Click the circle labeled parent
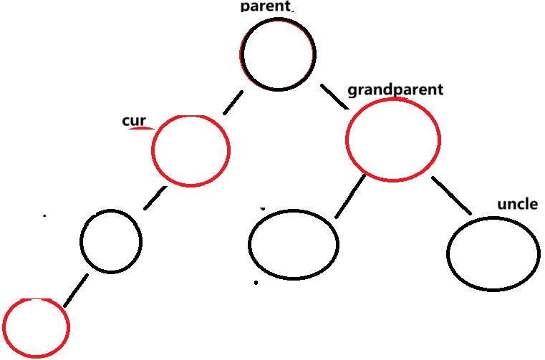pos(278,54)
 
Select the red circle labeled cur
pos(190,150)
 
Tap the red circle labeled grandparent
pos(392,140)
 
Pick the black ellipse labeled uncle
pos(493,253)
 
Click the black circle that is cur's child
pos(111,241)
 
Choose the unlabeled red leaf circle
pos(37,328)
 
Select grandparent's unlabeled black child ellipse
pos(293,244)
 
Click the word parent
pos(266,6)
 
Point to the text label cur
pos(134,120)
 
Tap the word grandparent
pos(395,90)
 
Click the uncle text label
pos(517,204)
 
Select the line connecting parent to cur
pos(233,104)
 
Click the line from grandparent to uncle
pos(452,194)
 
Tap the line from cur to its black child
pos(155,198)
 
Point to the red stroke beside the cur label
pos(141,128)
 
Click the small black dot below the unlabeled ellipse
pos(256,283)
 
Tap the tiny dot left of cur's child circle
pos(44,215)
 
